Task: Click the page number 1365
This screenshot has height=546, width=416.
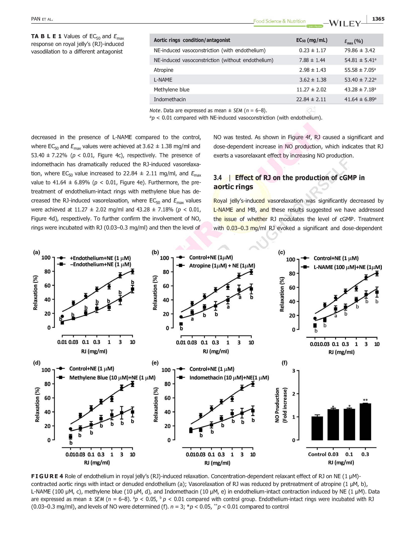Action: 378,19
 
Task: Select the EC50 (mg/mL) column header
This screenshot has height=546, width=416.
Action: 312,40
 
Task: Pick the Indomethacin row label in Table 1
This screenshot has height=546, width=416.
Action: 170,99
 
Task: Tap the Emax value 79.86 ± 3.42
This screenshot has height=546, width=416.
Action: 360,50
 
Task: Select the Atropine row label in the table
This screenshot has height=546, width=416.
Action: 163,70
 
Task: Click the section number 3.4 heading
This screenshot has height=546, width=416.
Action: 218,178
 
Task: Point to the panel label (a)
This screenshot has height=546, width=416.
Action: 36,252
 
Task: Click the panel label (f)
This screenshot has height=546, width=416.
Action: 284,363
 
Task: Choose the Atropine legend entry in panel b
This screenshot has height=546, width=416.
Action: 216,265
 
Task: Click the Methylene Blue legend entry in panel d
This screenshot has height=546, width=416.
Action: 106,377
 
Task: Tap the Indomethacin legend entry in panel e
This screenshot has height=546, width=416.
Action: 223,377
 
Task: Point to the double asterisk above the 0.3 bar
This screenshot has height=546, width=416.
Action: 365,400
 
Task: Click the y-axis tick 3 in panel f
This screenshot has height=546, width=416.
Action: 294,370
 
